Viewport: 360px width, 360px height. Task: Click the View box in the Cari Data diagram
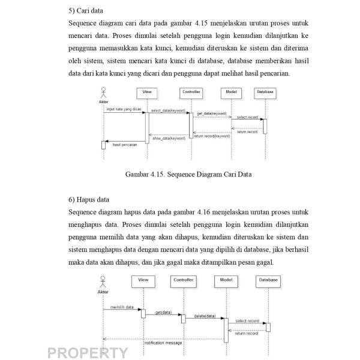[x=147, y=92]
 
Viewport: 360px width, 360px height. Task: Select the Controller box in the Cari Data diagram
[x=191, y=92]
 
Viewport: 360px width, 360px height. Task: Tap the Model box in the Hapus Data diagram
[x=226, y=280]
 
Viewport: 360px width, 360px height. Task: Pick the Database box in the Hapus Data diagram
[x=268, y=280]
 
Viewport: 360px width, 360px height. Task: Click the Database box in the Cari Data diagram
[x=265, y=92]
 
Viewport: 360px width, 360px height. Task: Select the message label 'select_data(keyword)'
[x=168, y=110]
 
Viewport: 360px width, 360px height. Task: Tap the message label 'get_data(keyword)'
[x=212, y=113]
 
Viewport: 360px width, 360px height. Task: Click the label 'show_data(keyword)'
[x=169, y=138]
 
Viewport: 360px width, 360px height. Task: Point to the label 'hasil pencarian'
[x=125, y=145]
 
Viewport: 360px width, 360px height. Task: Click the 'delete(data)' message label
[x=205, y=316]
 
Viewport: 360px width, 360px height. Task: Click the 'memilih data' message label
[x=121, y=307]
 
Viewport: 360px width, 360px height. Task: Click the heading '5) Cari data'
[x=86, y=10]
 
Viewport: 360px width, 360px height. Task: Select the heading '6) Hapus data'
[x=89, y=199]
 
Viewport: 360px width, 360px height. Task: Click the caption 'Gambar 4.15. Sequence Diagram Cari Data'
[x=188, y=175]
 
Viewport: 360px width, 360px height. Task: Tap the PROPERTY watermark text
[x=88, y=352]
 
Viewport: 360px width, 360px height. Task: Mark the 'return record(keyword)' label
[x=212, y=136]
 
